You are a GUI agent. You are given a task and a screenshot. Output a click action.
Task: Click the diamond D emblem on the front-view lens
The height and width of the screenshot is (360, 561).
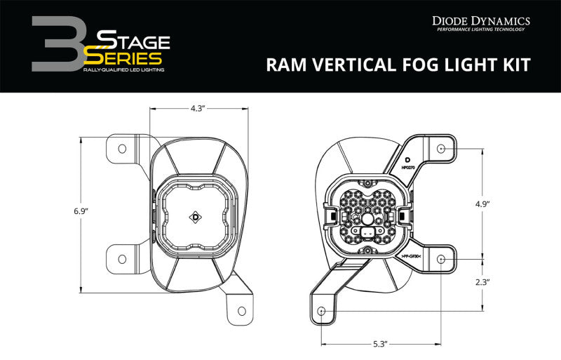pyautogui.click(x=194, y=218)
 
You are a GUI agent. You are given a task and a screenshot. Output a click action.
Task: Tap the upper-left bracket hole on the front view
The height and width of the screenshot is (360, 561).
pyautogui.click(x=122, y=149)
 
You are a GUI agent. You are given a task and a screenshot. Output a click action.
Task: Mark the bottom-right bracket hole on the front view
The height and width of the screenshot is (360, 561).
pyautogui.click(x=242, y=309)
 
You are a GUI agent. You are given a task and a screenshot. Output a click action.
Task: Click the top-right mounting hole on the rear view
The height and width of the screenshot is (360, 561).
pyautogui.click(x=440, y=149)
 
